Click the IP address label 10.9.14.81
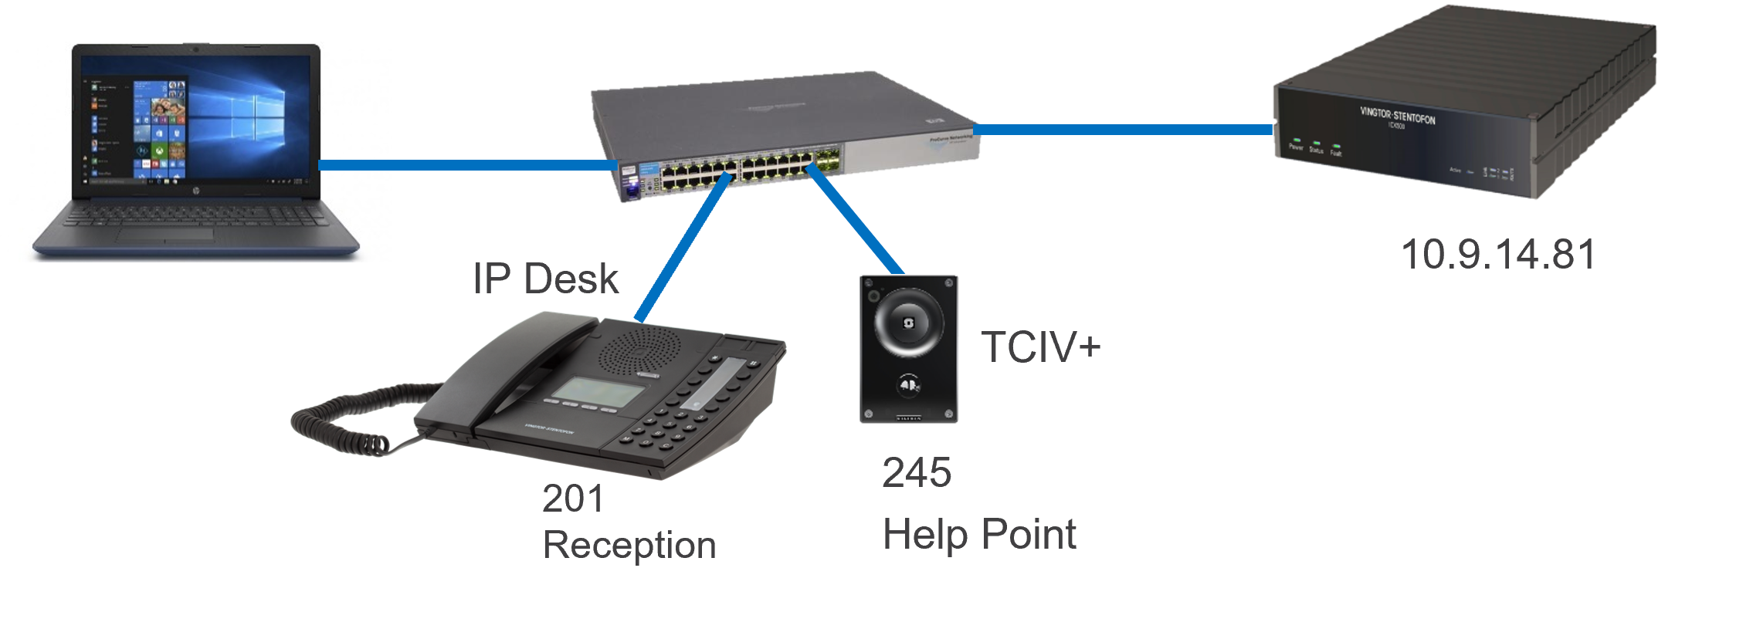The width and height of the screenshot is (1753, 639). (1497, 255)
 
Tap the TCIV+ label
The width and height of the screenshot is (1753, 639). (1040, 347)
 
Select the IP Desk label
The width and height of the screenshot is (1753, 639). (545, 279)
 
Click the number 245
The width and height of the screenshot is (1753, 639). (917, 472)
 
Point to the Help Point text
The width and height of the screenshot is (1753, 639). (979, 535)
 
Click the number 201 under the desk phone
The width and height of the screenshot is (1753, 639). (573, 499)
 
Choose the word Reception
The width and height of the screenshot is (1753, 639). (629, 546)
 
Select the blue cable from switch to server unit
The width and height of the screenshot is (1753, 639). (1120, 130)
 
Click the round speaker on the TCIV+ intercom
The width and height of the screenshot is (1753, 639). (907, 324)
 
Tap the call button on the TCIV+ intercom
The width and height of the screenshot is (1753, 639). (908, 384)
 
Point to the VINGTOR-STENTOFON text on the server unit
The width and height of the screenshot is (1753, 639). (1397, 116)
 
